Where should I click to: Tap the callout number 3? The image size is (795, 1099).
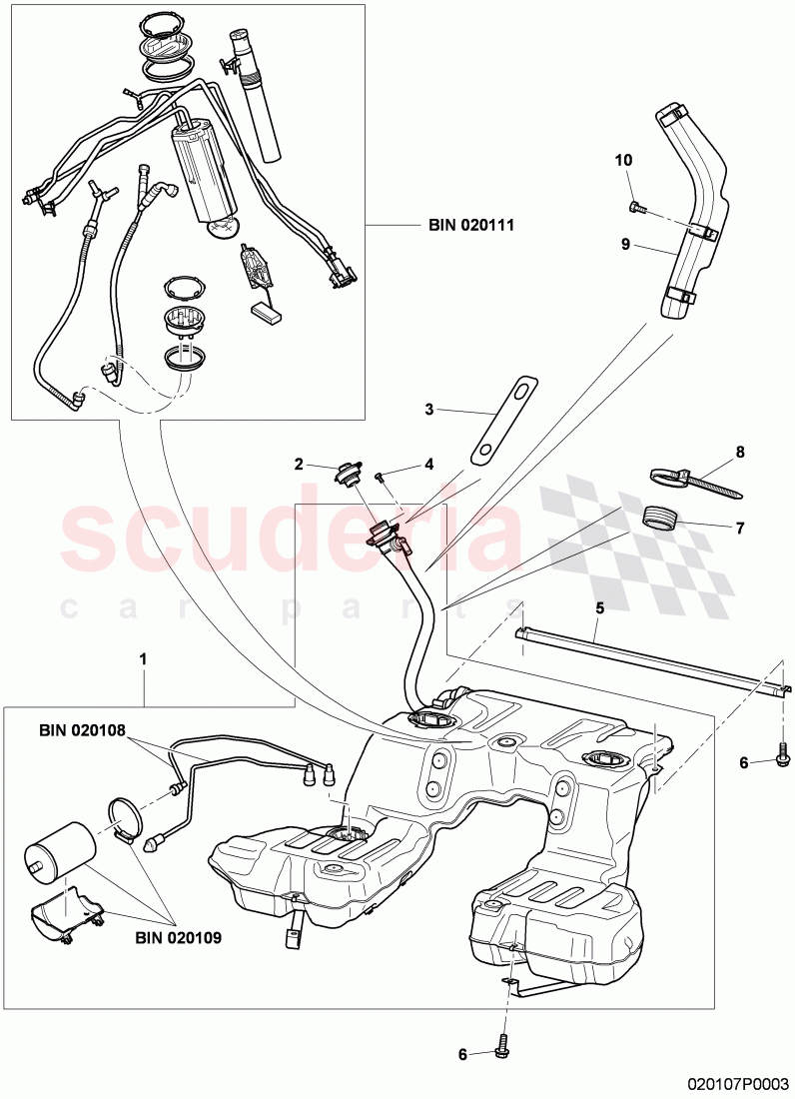point(428,409)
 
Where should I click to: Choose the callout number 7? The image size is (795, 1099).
point(740,528)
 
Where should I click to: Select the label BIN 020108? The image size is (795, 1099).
point(82,730)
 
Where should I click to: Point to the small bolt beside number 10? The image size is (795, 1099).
point(637,207)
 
